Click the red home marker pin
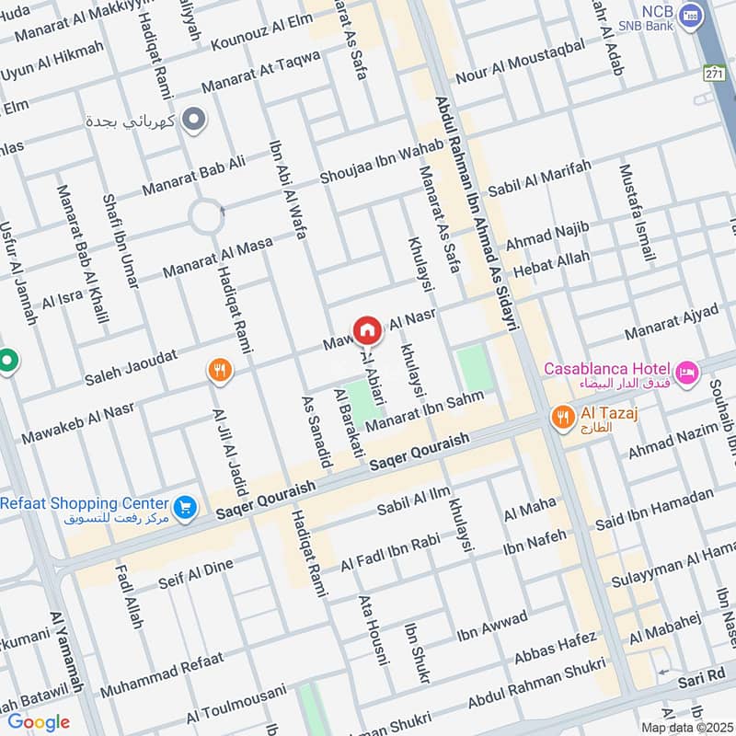point(366,329)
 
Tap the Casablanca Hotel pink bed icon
point(686,373)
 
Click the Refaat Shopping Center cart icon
point(186,507)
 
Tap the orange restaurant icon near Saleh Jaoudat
point(219,370)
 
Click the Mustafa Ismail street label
point(638,213)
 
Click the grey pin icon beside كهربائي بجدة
point(194,119)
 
